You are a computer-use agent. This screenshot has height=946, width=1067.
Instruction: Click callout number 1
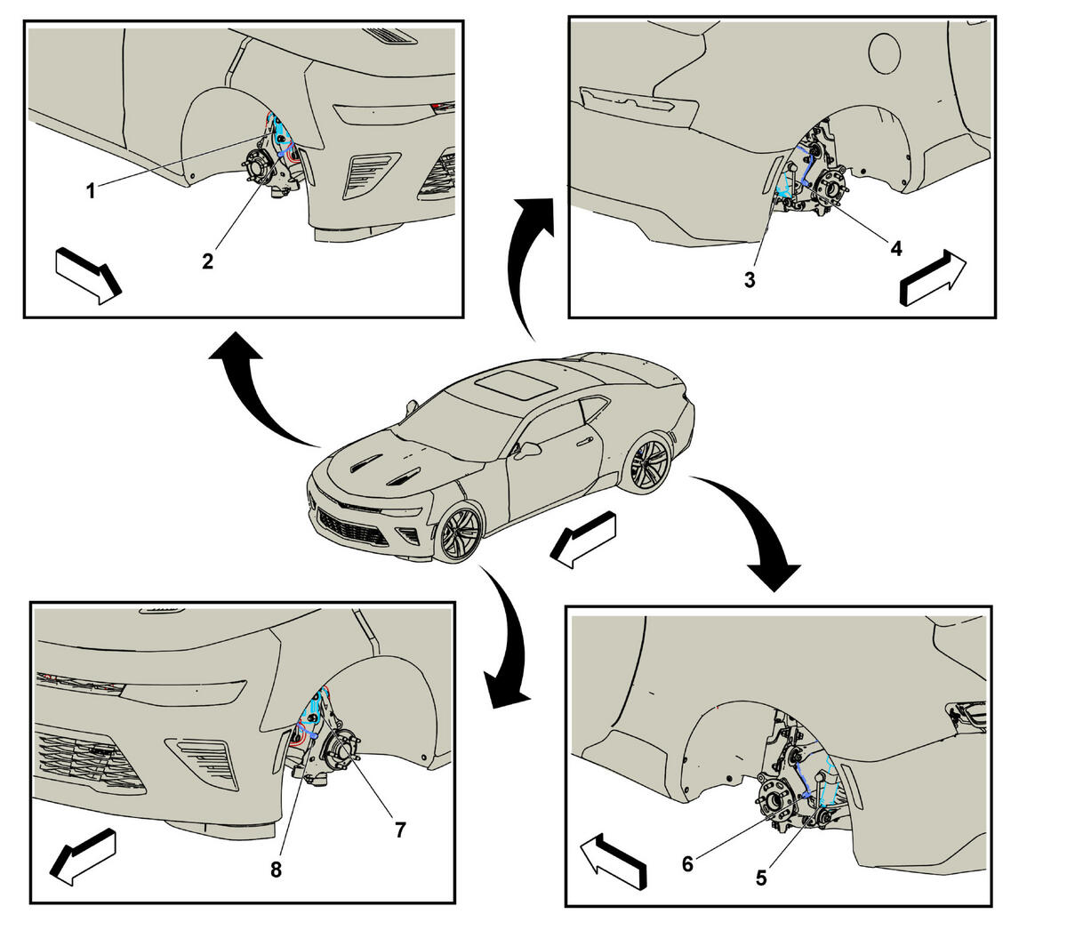point(91,190)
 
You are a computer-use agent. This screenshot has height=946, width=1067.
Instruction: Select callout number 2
point(207,261)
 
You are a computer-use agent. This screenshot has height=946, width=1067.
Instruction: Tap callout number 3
point(750,280)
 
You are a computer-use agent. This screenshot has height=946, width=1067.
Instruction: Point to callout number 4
point(896,247)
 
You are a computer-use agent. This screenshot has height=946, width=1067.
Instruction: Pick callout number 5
point(761,878)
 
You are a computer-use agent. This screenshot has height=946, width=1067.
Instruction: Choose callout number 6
point(687,864)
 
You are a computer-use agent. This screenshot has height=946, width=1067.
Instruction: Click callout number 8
point(276,870)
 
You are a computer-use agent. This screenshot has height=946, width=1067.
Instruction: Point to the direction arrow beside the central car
point(583,540)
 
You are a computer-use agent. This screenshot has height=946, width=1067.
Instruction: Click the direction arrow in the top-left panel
point(89,276)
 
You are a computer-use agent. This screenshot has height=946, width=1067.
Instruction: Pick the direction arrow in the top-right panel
point(933,277)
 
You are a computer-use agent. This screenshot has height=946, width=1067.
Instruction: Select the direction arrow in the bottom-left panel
point(84,857)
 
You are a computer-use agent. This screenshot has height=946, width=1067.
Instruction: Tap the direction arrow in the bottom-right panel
point(614,862)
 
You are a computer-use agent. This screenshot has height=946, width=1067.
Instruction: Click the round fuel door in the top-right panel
point(885,53)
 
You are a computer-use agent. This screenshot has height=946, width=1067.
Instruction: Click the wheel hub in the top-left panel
point(257,169)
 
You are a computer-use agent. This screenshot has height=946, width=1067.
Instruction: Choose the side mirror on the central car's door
point(529,451)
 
